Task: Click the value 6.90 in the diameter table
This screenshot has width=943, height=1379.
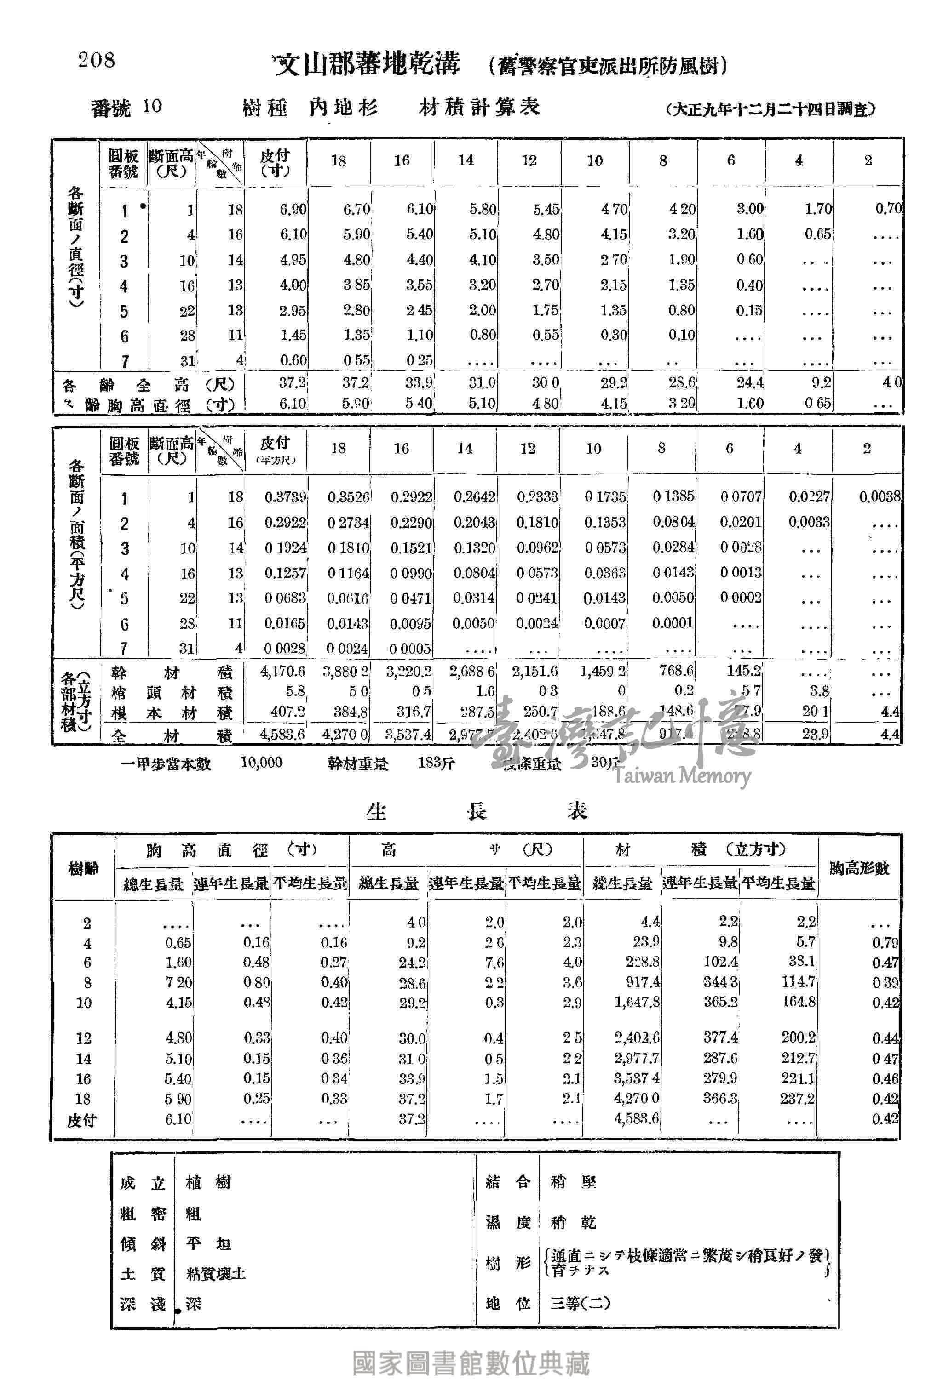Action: [x=293, y=209]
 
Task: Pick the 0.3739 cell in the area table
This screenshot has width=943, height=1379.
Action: [x=285, y=496]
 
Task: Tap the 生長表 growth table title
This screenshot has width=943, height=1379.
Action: [x=477, y=810]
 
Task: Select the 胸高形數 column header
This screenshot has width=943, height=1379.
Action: [x=859, y=868]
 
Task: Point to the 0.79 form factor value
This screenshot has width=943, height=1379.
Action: [x=885, y=943]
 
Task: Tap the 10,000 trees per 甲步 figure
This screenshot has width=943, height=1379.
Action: [x=261, y=763]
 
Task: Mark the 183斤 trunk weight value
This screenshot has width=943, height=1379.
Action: [x=436, y=763]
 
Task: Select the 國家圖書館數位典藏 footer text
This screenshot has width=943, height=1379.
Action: [x=471, y=1362]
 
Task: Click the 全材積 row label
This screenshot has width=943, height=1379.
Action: [x=172, y=736]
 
